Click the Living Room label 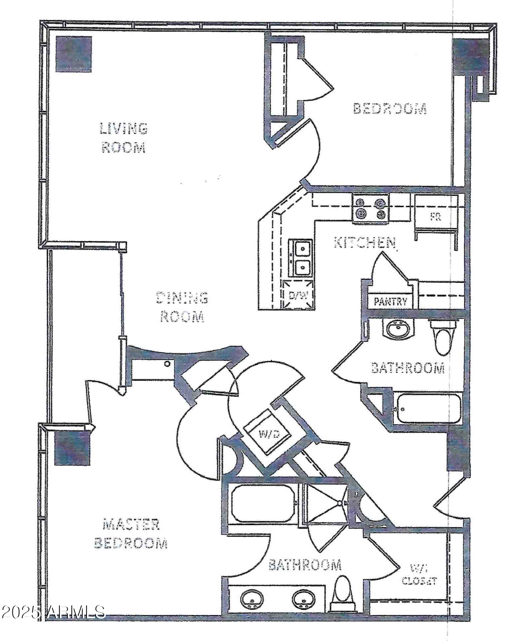point(123,138)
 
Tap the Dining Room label point(182,307)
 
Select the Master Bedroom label point(130,534)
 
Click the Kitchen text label point(365,242)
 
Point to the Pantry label point(390,302)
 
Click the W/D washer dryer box point(268,433)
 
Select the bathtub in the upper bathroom point(427,408)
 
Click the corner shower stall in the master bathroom point(325,504)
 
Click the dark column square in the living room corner point(74,54)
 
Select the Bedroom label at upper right point(390,108)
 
